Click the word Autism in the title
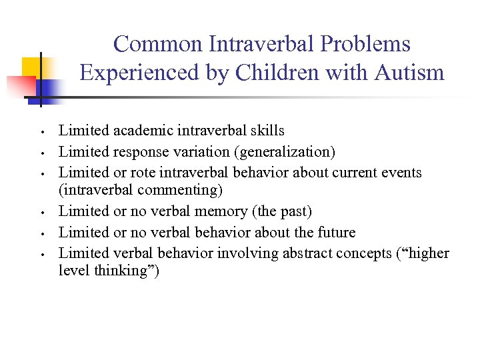click(x=407, y=72)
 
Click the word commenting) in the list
click(x=181, y=190)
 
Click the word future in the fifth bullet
click(x=333, y=232)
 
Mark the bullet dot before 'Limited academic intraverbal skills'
click(x=41, y=131)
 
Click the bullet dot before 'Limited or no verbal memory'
click(x=41, y=212)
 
